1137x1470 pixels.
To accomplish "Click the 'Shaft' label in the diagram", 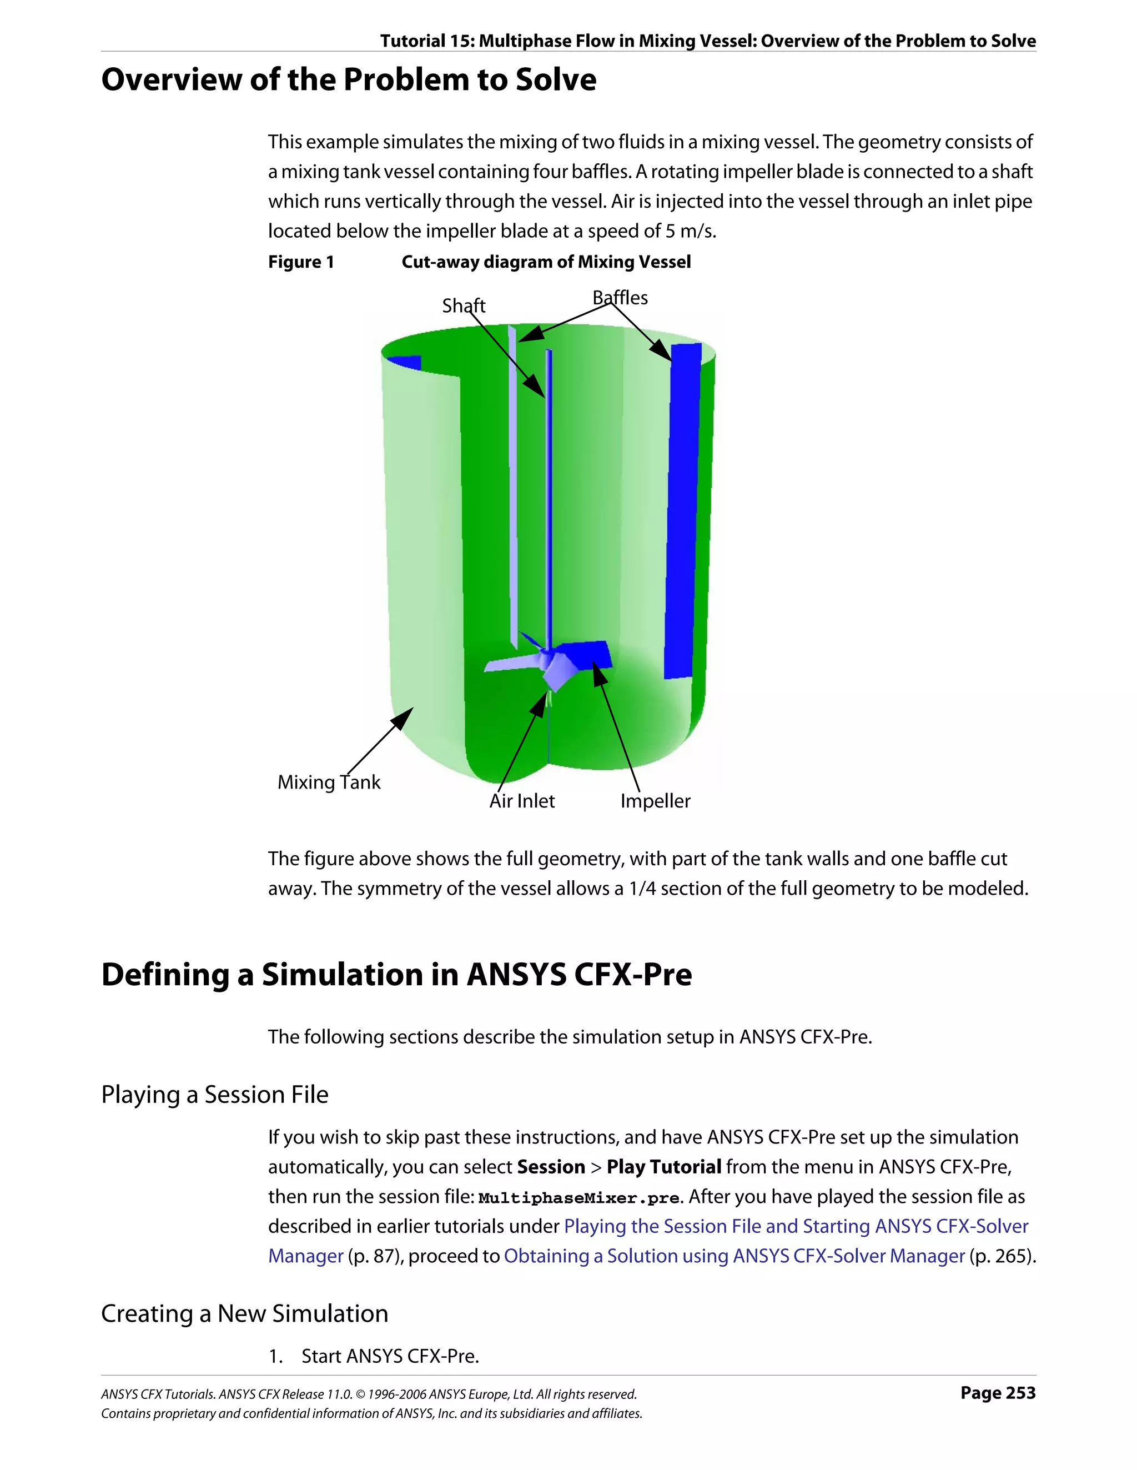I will pos(463,305).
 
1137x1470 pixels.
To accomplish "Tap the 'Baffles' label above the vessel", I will pos(620,298).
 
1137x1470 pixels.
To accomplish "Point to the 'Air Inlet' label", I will pos(521,801).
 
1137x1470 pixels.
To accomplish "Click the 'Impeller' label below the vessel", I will pos(655,801).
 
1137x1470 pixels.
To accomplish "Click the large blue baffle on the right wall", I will pos(682,511).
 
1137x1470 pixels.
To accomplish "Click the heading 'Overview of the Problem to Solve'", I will pos(349,79).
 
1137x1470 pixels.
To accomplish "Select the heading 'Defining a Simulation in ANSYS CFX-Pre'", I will pos(396,975).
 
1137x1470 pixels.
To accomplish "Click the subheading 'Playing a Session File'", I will pos(215,1095).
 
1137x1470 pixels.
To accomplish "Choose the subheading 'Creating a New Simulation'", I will pos(244,1314).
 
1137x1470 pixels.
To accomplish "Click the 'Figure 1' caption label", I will pos(301,262).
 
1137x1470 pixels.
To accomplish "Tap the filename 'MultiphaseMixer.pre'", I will pos(578,1198).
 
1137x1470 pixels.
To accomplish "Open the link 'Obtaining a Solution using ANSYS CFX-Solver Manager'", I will pos(734,1256).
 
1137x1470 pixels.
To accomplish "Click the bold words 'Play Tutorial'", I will pos(663,1167).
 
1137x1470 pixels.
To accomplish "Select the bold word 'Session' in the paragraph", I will pos(550,1167).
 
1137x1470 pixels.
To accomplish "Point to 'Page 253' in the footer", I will pos(998,1393).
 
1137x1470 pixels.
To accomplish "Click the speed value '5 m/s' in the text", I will pos(690,231).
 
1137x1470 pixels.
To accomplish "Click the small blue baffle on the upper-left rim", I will pos(406,362).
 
